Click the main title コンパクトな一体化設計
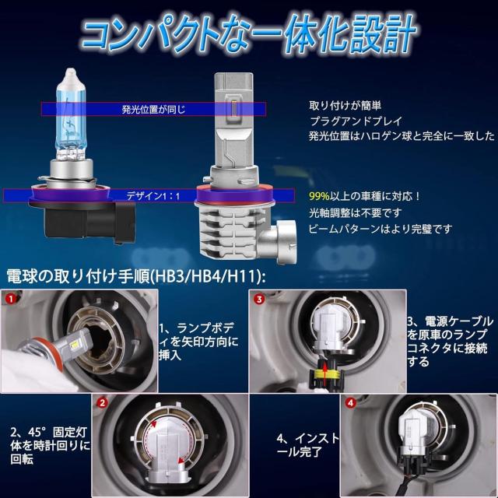[248, 35]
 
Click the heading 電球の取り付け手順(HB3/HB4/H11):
[135, 277]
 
